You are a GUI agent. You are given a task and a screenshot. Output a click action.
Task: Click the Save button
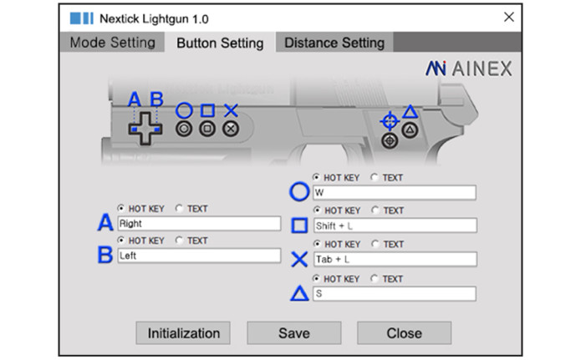click(x=293, y=333)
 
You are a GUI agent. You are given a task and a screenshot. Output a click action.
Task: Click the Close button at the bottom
click(x=404, y=333)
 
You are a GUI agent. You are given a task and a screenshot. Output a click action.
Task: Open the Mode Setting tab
click(x=112, y=43)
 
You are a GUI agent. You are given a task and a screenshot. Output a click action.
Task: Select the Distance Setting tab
click(x=334, y=43)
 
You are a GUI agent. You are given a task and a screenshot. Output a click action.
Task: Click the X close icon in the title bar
click(x=509, y=17)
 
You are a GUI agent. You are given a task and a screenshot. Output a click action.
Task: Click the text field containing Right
click(x=199, y=223)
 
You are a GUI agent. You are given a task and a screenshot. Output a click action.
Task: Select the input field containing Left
click(x=199, y=256)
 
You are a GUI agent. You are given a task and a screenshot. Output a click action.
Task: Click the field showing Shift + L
click(x=395, y=226)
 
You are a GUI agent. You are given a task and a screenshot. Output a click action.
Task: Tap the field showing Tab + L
click(x=395, y=259)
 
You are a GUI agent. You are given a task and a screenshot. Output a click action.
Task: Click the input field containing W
click(x=395, y=193)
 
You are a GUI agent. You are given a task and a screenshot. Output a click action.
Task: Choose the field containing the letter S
click(x=395, y=294)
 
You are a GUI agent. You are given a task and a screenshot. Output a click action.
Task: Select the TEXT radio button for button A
click(x=180, y=208)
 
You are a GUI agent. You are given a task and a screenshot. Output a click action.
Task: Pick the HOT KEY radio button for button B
click(x=120, y=240)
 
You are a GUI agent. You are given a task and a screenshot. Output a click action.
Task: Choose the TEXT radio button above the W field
click(x=375, y=177)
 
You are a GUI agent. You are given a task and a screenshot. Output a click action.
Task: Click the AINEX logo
click(x=469, y=68)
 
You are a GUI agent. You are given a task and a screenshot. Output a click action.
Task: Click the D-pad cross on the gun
click(x=145, y=129)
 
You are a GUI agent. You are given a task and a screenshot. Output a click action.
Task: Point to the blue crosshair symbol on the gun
click(x=389, y=121)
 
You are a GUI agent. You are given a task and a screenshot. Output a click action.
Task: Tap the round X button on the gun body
click(x=231, y=129)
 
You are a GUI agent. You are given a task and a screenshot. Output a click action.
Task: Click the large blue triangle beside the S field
click(x=299, y=293)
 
